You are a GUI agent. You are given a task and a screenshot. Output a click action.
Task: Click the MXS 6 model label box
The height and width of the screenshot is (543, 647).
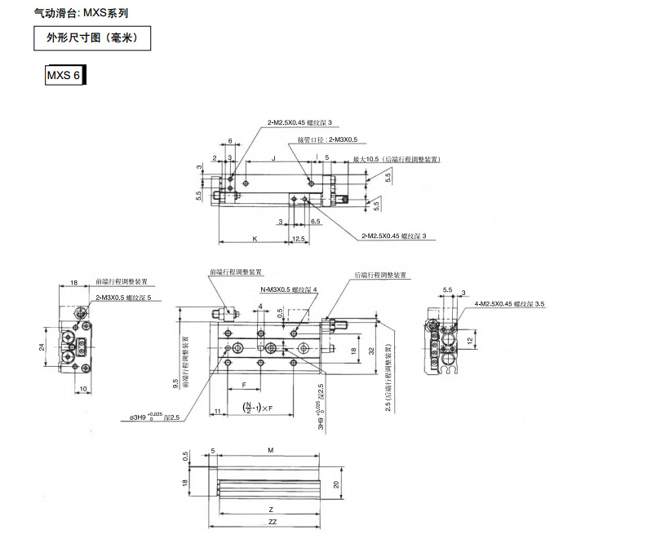coord(65,76)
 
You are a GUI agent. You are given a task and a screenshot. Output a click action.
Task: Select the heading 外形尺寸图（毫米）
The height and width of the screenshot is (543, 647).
coord(91,38)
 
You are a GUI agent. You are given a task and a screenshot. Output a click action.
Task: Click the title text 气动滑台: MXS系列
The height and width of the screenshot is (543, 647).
coord(81,13)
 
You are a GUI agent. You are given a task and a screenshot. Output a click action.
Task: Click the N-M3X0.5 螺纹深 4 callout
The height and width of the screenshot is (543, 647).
coord(289,290)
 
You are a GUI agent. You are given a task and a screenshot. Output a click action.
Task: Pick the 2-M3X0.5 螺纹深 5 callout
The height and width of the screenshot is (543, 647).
coord(124,298)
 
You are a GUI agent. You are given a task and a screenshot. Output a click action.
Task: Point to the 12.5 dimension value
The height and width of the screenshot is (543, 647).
coord(299,239)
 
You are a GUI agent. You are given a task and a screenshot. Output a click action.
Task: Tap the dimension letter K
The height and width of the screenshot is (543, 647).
coord(255,239)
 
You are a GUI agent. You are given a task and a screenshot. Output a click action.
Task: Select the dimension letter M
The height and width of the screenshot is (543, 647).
coord(270,449)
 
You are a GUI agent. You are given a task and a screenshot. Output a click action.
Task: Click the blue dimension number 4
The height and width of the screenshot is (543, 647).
coord(260,307)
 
